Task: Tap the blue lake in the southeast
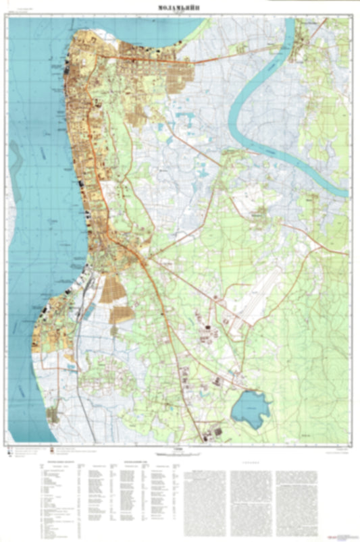(250, 408)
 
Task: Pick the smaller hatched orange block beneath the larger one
(121, 313)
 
